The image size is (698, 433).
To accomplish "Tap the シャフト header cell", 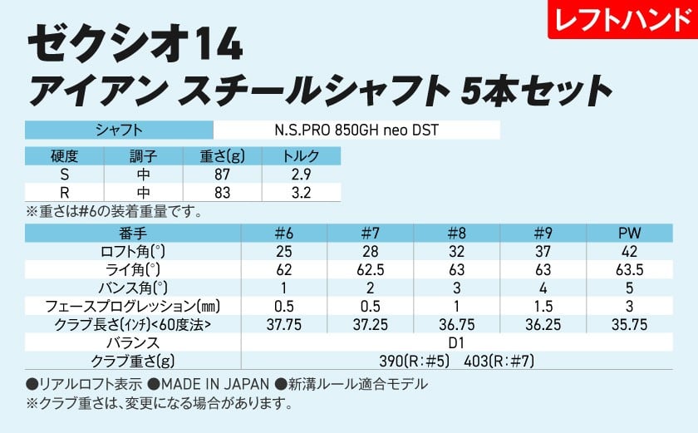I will point(120,130).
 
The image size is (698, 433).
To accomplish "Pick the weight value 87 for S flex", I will point(222,175).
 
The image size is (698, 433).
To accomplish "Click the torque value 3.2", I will point(301,193).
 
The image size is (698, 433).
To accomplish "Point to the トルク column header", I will point(301,156).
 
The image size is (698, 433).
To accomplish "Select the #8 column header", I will point(456,234).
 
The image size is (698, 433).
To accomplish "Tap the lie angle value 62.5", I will point(371,270).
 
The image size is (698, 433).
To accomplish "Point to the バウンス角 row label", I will point(131,288).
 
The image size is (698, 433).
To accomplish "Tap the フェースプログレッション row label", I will point(131,307).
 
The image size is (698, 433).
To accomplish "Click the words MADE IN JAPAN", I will point(215,384).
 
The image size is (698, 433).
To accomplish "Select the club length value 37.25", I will point(371,324).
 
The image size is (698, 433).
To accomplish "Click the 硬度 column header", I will point(64,156).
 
